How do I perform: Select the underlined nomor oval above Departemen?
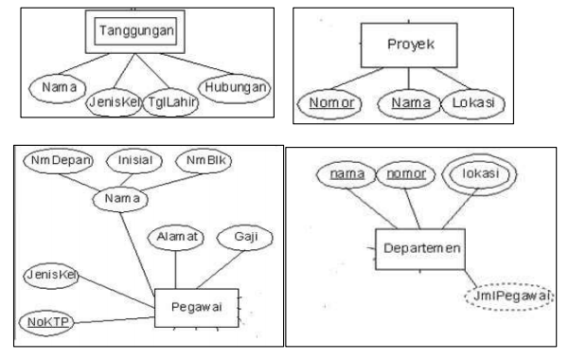[408, 176]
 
